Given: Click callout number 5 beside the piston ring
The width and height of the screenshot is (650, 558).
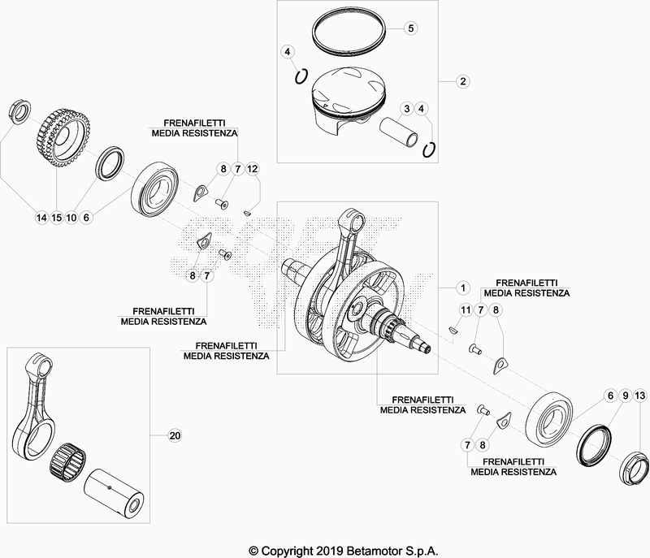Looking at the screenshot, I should click(410, 28).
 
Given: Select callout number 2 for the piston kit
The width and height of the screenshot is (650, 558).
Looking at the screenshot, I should click(461, 81).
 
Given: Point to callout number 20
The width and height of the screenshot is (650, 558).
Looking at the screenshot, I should click(173, 436).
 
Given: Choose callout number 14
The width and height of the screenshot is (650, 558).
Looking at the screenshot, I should click(41, 217).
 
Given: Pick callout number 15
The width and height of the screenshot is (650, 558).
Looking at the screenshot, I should click(57, 217).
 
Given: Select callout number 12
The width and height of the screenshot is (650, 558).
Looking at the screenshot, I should click(253, 169).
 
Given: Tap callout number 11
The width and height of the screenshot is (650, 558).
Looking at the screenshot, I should click(465, 311).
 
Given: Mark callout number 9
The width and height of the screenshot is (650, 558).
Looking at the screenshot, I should click(625, 396).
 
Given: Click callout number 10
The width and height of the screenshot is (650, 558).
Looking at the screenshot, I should click(72, 217).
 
